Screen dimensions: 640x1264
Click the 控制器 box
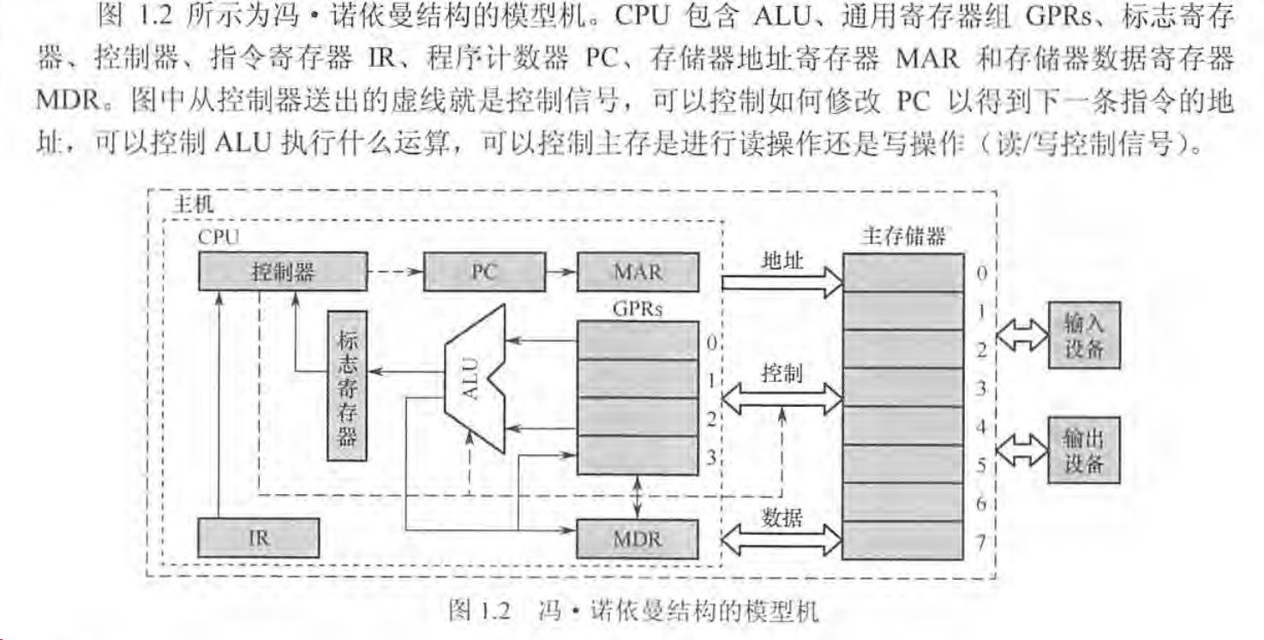point(282,272)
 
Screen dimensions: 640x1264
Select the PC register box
point(484,272)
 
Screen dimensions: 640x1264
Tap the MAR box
point(638,272)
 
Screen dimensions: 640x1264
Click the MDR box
point(638,540)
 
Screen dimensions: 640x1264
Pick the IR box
point(258,539)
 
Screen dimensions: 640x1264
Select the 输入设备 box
point(1084,335)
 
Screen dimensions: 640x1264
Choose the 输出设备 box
point(1084,451)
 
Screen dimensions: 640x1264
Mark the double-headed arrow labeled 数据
point(782,538)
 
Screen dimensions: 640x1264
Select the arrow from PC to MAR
point(561,272)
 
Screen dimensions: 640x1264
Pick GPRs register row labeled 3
point(638,455)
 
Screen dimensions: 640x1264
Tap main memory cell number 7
point(903,540)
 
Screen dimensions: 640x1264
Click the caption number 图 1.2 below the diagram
point(480,612)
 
